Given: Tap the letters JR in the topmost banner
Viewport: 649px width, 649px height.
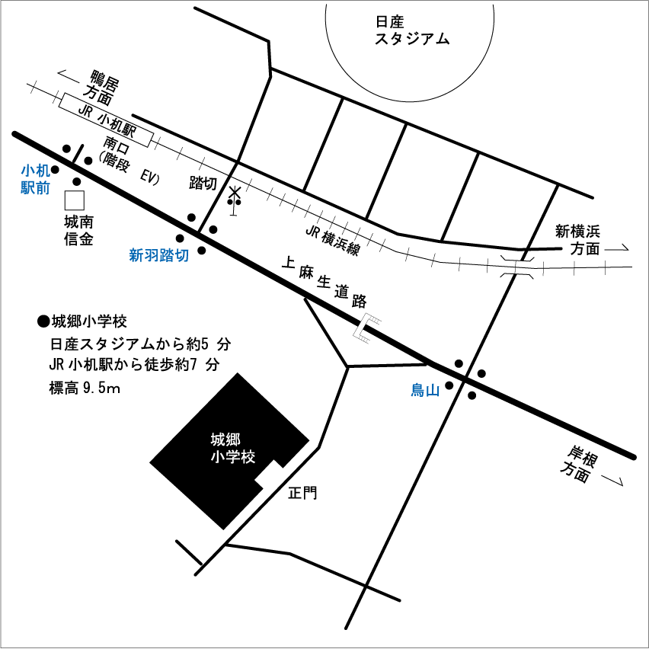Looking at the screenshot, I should click(85, 111).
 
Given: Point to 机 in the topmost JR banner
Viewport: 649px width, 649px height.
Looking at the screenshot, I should click(117, 123).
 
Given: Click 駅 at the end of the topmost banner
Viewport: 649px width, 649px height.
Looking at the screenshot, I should click(130, 129).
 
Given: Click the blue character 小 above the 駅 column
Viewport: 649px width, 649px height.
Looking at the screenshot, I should click(28, 171).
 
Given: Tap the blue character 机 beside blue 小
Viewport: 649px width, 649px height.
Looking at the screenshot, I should click(43, 171).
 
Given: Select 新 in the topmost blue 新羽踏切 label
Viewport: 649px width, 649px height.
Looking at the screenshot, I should click(137, 256).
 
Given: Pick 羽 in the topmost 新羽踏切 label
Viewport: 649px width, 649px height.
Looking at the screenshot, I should click(152, 256).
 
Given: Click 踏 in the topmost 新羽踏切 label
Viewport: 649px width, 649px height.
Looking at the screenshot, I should click(167, 256).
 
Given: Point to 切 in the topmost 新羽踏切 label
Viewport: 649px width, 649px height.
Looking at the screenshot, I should click(181, 256).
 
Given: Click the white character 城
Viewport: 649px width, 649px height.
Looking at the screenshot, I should click(218, 440).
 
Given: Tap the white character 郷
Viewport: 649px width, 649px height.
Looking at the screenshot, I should click(232, 440).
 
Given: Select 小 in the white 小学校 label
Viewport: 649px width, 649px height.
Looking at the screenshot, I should click(218, 457).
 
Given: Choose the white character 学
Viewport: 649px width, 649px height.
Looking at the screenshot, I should click(232, 457).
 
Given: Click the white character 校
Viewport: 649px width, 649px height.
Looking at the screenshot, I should click(248, 457).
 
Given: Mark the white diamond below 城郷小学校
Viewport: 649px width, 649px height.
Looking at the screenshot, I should click(270, 476).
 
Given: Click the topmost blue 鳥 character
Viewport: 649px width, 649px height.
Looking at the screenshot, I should click(417, 391).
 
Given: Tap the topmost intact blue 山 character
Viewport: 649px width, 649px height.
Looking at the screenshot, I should click(433, 391).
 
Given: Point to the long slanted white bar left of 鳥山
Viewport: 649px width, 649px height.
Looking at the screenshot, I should click(362, 325).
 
